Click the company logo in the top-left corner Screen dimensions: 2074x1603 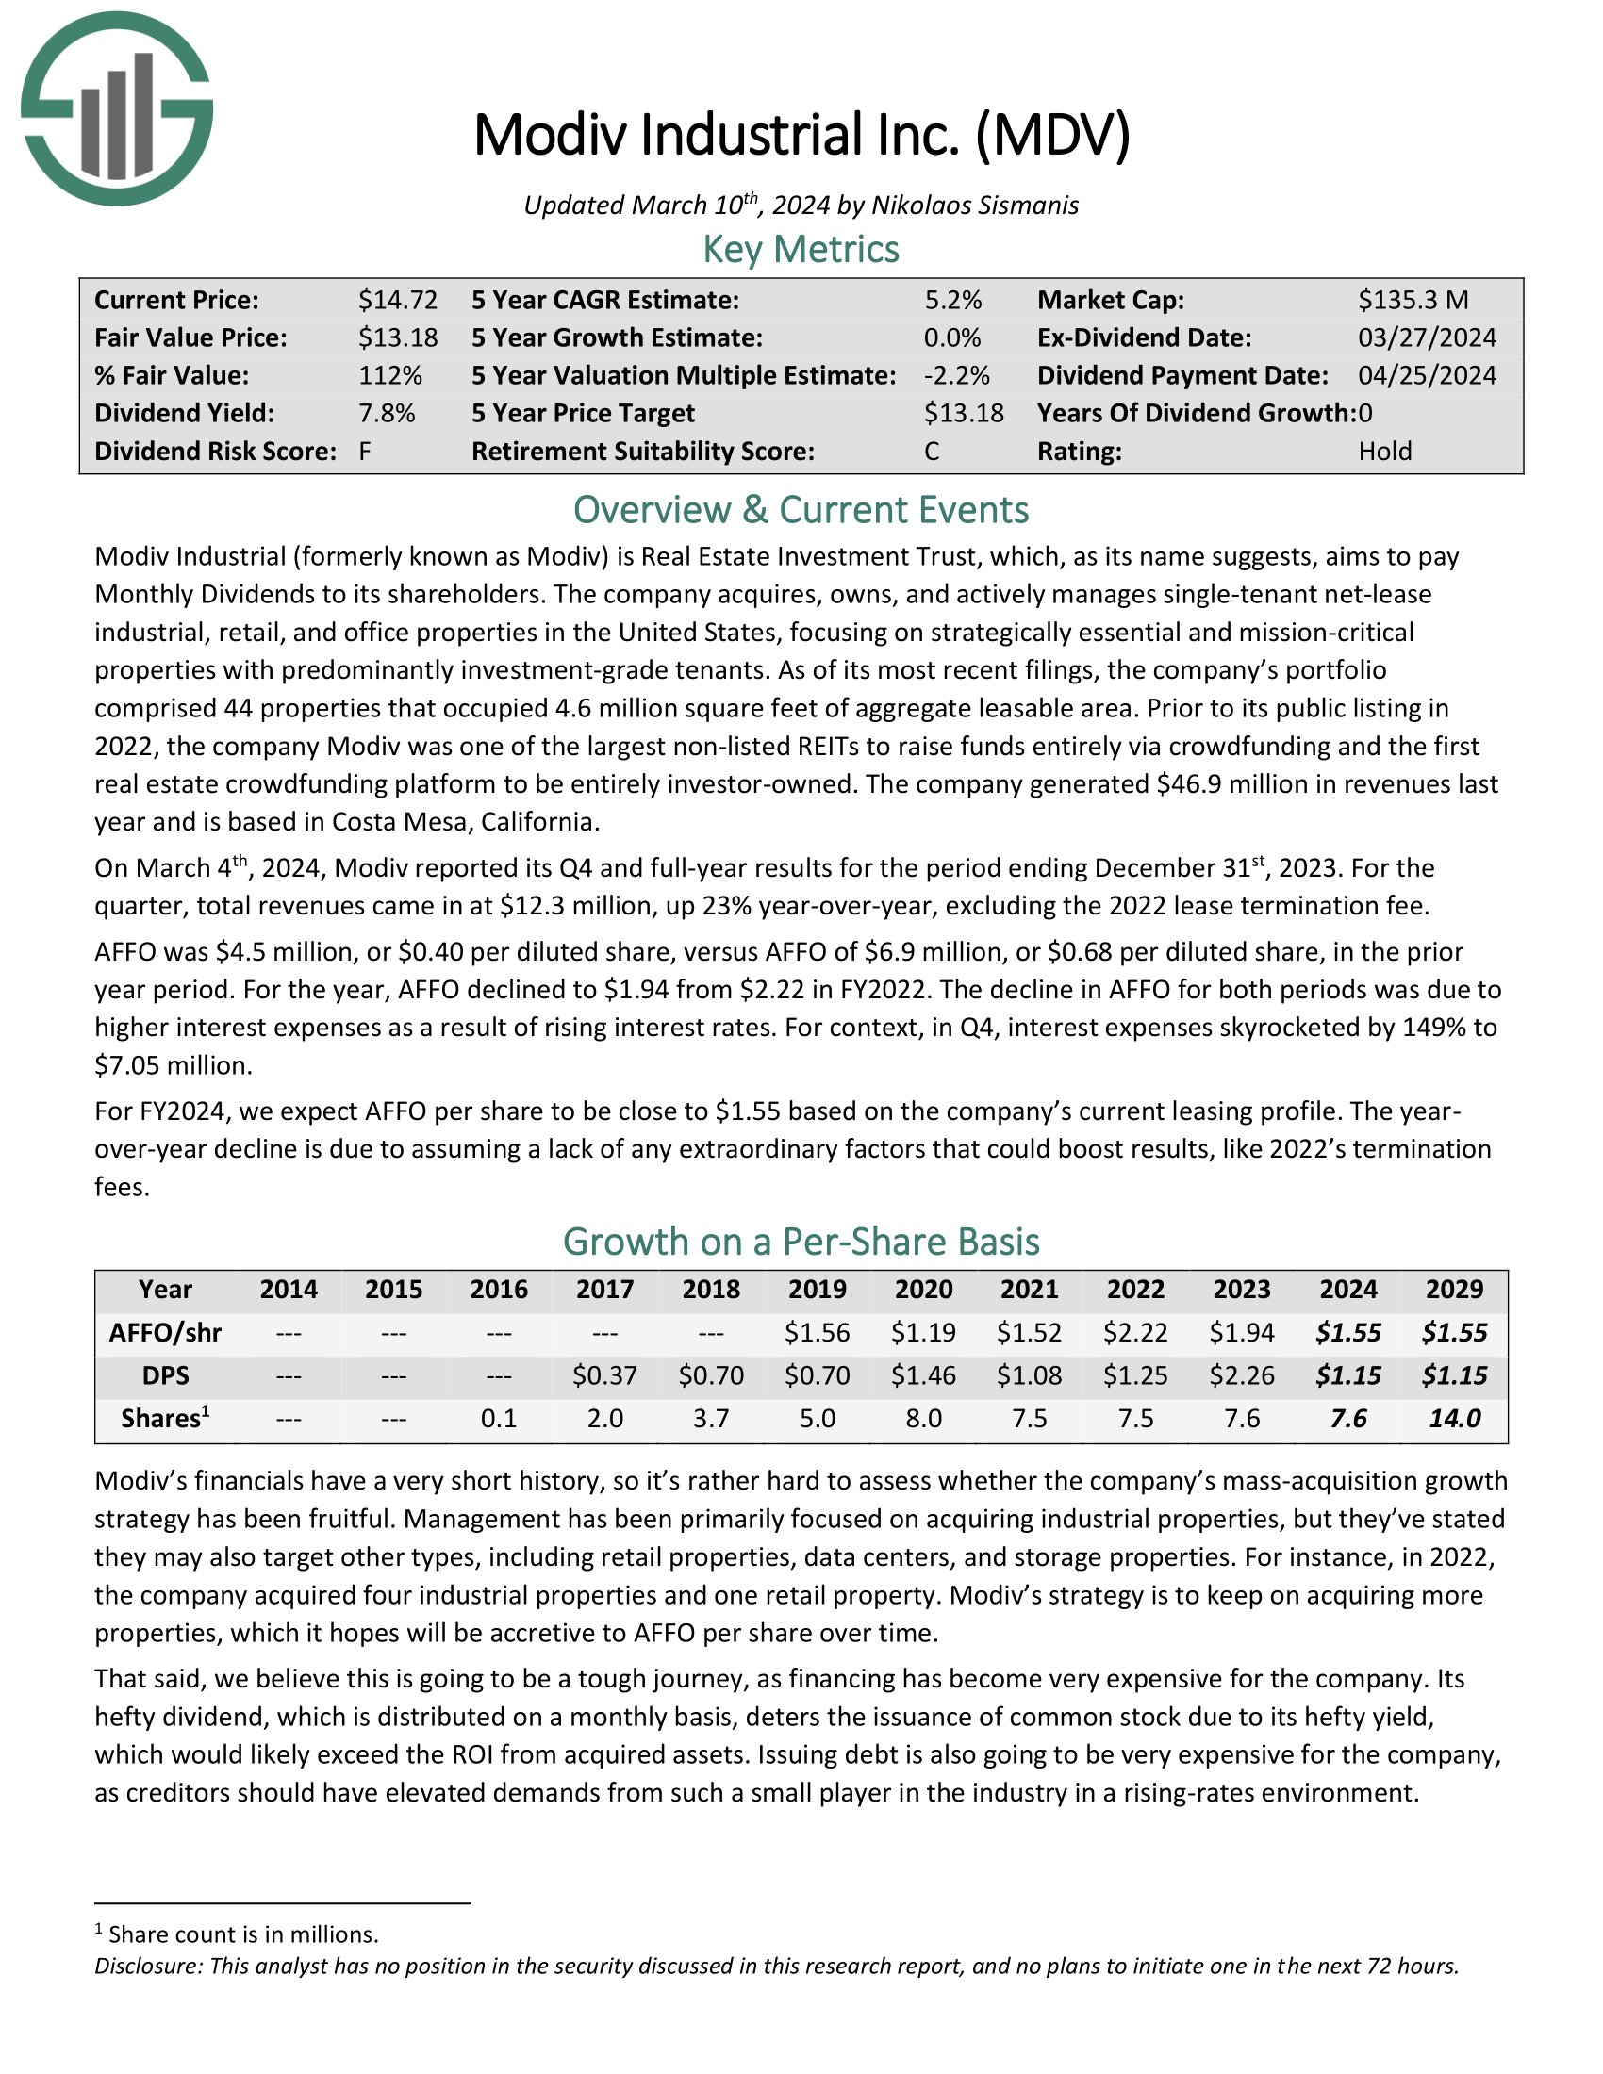tap(117, 109)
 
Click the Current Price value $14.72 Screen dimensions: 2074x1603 tap(397, 300)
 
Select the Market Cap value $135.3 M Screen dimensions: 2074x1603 tap(1413, 300)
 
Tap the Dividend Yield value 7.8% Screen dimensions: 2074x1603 tap(387, 413)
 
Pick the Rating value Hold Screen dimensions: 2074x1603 tap(1384, 451)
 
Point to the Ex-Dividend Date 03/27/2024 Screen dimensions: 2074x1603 tap(1427, 338)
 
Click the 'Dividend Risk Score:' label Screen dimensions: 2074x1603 tap(216, 451)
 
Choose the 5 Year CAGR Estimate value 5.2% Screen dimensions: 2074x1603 tap(952, 300)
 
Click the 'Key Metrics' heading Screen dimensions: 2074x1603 tap(801, 250)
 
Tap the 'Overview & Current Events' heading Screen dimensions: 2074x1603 tap(801, 510)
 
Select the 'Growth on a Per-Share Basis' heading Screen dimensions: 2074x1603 tap(801, 1243)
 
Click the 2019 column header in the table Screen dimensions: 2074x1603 tap(817, 1290)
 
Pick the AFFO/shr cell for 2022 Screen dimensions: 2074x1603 tap(1136, 1332)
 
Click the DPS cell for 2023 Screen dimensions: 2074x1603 tap(1242, 1375)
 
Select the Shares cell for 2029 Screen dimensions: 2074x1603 tap(1454, 1419)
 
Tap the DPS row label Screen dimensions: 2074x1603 tap(165, 1375)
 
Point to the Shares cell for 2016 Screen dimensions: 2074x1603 tap(500, 1419)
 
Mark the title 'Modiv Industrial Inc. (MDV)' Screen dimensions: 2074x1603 tap(801, 136)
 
